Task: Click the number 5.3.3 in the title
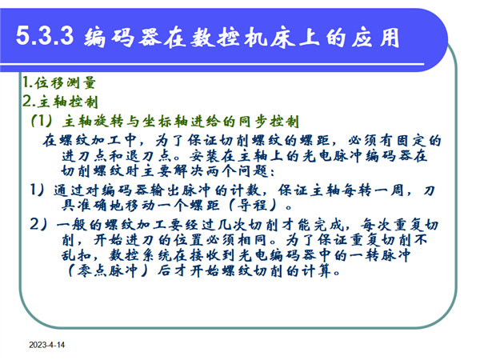tap(45, 36)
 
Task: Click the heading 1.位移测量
tap(59, 82)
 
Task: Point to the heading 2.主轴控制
tap(60, 102)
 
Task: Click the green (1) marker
tap(42, 122)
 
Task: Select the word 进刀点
tap(85, 156)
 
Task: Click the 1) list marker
tap(38, 190)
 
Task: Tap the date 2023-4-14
tap(47, 345)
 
